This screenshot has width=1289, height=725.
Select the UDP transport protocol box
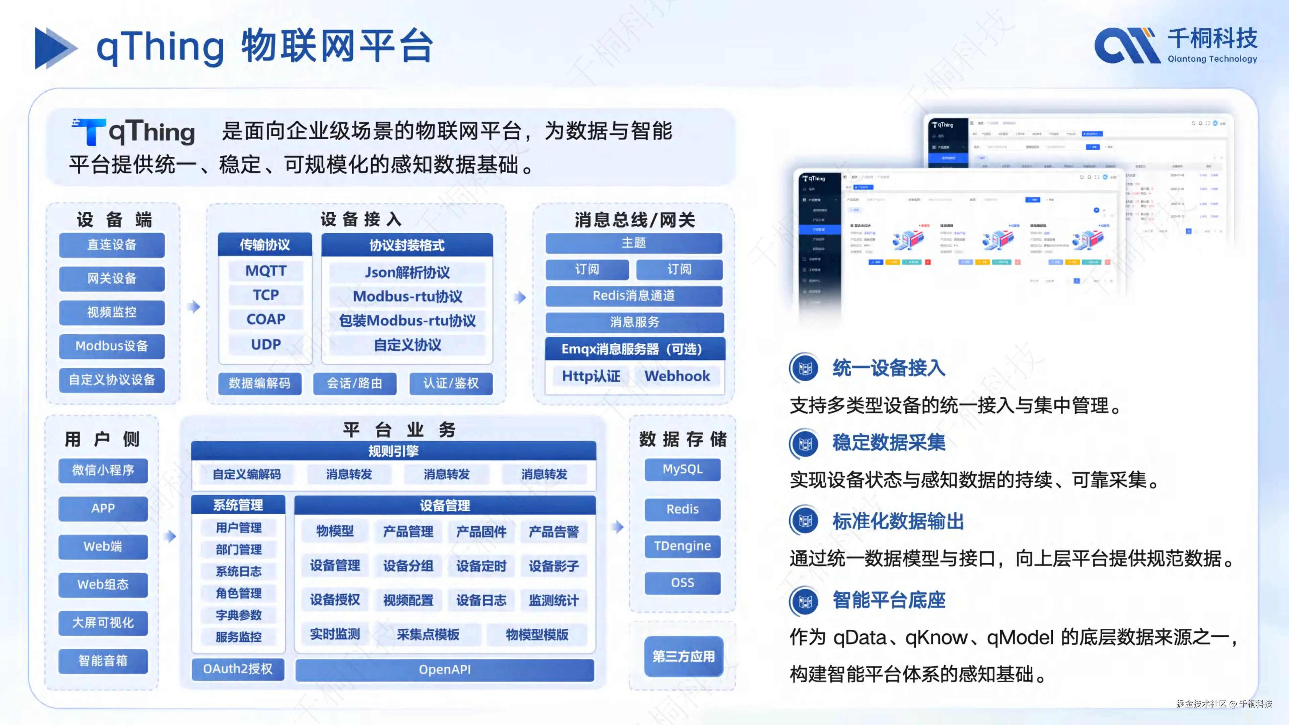pos(266,344)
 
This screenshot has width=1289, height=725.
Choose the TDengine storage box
pos(682,546)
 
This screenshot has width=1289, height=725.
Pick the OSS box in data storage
pos(682,583)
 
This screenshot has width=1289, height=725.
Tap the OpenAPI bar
pos(444,670)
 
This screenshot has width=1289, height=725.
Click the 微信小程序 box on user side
pos(103,470)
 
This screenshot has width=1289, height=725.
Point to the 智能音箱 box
pos(103,661)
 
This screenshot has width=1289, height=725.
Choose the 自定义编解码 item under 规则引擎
pos(247,474)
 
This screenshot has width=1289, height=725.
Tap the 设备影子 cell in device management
pos(554,566)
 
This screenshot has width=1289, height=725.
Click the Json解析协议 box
pos(407,273)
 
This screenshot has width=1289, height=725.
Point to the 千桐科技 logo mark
pos(1127,46)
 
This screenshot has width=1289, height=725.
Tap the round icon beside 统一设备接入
pos(805,368)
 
